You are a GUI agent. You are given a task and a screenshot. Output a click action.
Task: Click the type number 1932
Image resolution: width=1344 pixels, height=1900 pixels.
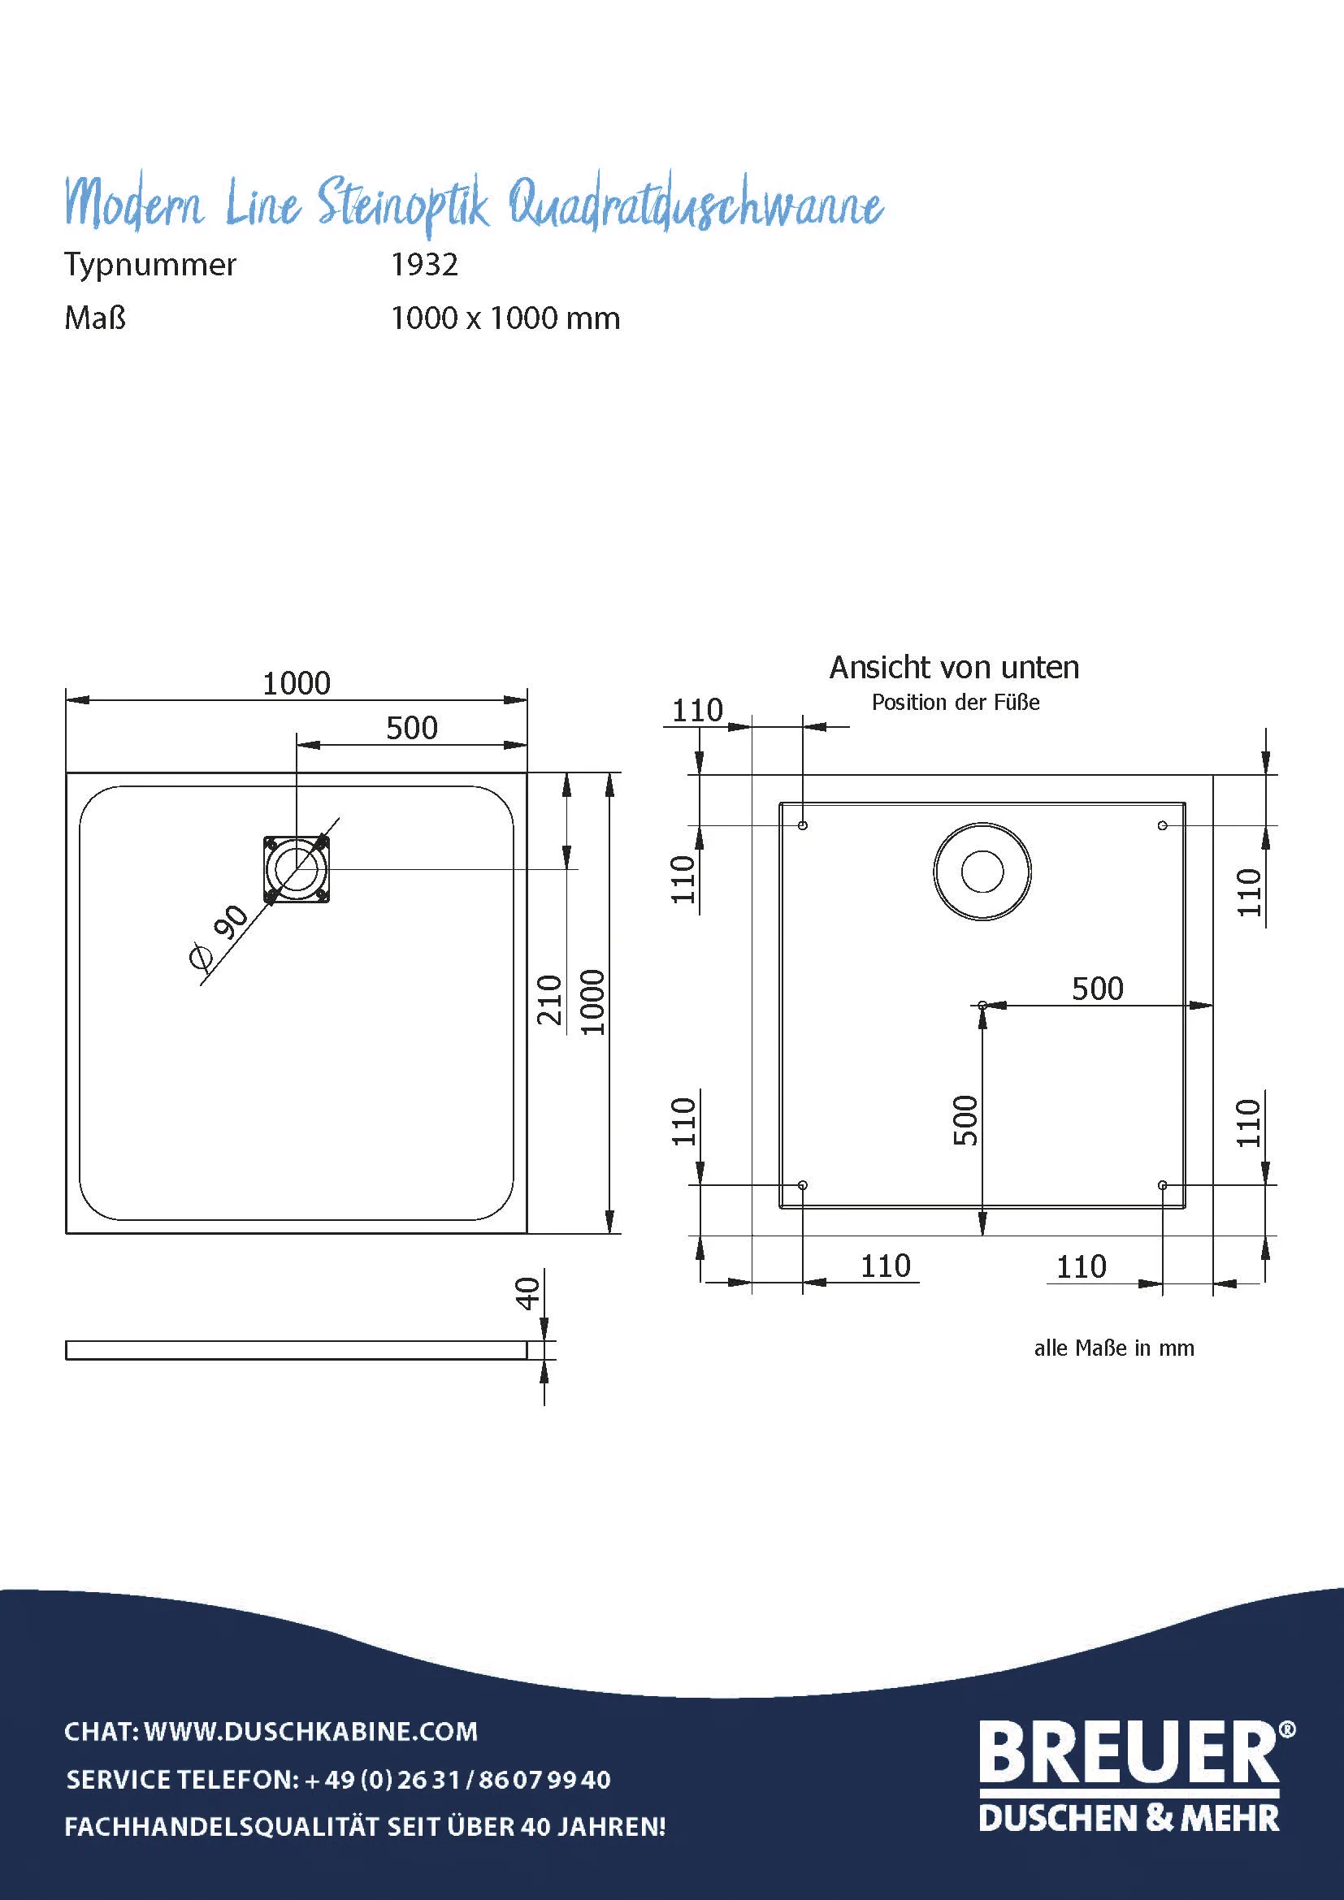423,265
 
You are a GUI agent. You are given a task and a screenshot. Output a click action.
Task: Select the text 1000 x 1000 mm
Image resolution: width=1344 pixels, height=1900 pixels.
505,318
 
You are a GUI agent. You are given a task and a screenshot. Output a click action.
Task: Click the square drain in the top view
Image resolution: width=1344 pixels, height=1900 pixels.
297,869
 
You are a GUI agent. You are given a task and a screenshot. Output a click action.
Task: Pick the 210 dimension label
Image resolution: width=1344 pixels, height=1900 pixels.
549,1000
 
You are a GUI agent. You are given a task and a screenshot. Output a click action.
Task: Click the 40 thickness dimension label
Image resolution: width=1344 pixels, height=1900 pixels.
527,1293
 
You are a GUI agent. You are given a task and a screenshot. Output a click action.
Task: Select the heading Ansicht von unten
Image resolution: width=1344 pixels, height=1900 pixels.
954,668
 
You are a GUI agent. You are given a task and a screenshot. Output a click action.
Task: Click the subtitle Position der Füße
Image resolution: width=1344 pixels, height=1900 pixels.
956,703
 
